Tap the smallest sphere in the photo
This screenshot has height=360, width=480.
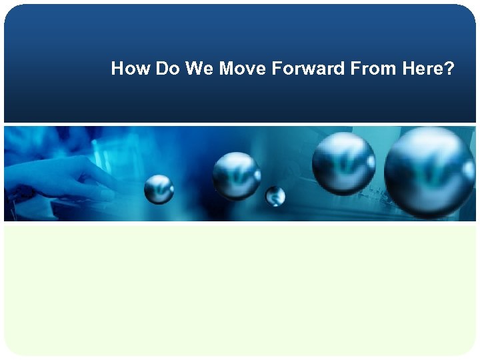click(x=275, y=196)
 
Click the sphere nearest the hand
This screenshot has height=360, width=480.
click(x=159, y=189)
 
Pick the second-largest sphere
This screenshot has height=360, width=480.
click(x=343, y=163)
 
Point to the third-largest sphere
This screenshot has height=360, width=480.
click(x=236, y=175)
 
